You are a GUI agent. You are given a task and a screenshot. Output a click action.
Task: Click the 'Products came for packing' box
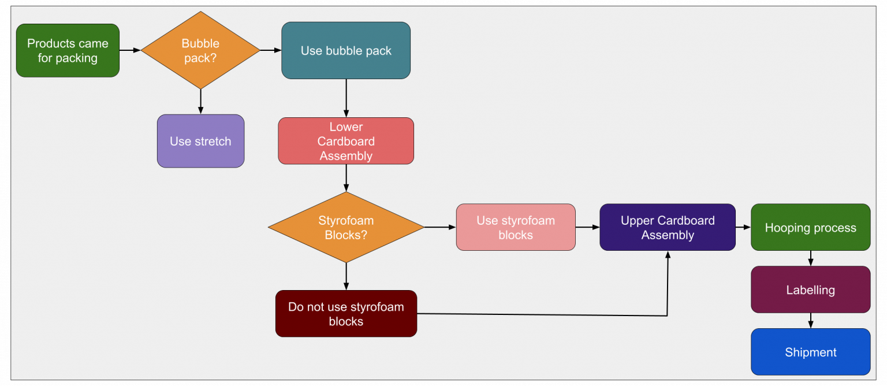click(68, 51)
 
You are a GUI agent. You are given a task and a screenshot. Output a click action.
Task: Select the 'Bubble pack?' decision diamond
click(200, 51)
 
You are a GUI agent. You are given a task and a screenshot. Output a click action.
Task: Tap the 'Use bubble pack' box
click(346, 51)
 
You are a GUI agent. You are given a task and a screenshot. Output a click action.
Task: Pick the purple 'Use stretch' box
click(200, 141)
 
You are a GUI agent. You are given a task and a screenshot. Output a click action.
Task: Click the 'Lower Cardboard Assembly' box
click(346, 141)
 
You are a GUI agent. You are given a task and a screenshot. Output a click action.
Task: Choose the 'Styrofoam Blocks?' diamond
click(346, 228)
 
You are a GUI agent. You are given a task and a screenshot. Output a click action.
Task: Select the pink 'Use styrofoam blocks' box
click(516, 227)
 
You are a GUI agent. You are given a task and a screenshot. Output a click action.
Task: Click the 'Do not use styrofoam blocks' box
click(346, 314)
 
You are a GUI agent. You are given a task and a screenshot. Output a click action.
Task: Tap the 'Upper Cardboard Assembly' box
click(668, 227)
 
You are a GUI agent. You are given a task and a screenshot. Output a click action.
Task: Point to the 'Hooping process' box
click(810, 227)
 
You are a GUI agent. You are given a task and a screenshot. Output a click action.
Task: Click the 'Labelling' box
click(810, 289)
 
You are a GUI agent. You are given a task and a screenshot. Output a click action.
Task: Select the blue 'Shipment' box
click(810, 352)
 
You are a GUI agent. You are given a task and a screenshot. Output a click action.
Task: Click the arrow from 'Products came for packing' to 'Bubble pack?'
click(130, 50)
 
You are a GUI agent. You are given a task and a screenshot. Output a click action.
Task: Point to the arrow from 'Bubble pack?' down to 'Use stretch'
click(200, 102)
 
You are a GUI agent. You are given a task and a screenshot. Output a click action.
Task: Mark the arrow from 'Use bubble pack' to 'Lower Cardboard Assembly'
click(346, 98)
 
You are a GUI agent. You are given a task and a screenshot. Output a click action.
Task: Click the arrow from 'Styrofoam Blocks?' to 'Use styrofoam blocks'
click(440, 227)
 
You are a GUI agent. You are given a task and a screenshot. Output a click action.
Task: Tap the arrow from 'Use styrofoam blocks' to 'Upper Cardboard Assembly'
click(587, 227)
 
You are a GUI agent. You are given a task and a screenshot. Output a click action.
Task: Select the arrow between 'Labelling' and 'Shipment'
click(810, 321)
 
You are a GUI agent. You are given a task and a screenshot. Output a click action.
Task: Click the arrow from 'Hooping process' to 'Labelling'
click(810, 258)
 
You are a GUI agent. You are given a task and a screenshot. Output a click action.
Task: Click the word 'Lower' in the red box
click(346, 127)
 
